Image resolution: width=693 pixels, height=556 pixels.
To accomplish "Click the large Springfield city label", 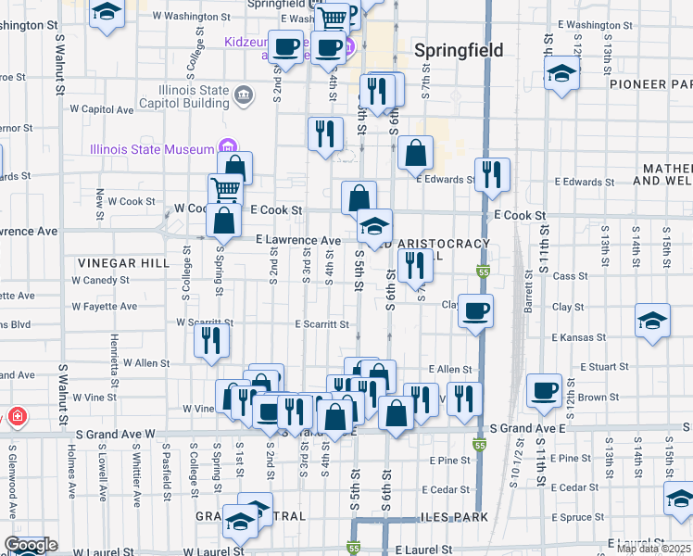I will [459, 50].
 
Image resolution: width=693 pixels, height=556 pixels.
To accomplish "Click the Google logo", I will [31, 545].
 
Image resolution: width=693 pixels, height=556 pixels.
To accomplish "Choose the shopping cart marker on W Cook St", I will [225, 190].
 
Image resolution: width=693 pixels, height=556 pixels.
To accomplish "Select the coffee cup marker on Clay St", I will [476, 311].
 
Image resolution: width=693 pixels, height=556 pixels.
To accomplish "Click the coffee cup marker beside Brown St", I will [544, 390].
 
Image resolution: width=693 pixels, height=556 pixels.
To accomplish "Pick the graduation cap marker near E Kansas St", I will [652, 321].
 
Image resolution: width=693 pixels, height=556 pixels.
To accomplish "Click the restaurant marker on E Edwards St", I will [492, 172].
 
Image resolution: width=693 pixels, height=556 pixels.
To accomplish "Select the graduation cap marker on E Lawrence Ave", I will [373, 225].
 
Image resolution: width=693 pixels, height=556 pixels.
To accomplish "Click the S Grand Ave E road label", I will [526, 428].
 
